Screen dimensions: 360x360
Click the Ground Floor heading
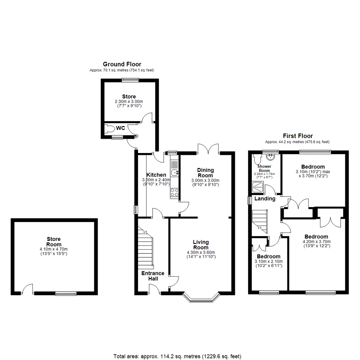[x=122, y=64]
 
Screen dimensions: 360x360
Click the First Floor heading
[x=298, y=136]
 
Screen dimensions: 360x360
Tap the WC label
[x=120, y=128]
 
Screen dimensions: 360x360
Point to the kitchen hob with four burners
[x=174, y=192]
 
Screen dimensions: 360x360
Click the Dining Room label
[x=205, y=173]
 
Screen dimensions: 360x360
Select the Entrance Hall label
[x=153, y=276]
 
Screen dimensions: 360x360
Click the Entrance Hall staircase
[x=145, y=248]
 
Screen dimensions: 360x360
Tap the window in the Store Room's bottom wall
[x=66, y=294]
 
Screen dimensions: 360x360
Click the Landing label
[x=265, y=199]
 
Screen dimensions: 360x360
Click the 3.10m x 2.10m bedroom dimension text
[x=268, y=261]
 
